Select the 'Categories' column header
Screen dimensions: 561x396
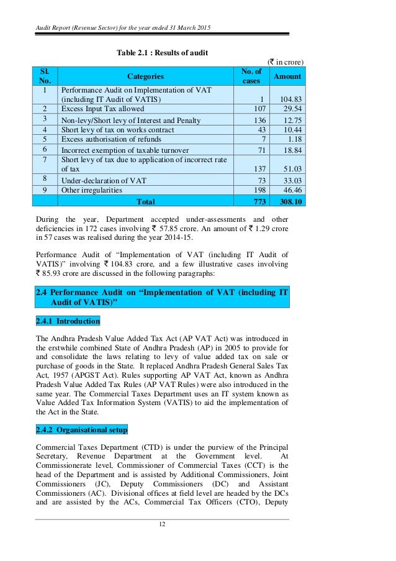click(146, 76)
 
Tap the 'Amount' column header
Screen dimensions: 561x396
click(288, 76)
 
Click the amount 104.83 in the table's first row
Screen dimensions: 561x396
click(290, 99)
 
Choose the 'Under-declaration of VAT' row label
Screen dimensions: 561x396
click(102, 180)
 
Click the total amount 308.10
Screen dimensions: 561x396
click(289, 201)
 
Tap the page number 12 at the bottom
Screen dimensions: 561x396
click(161, 524)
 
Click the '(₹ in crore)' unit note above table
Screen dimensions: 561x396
click(286, 62)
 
